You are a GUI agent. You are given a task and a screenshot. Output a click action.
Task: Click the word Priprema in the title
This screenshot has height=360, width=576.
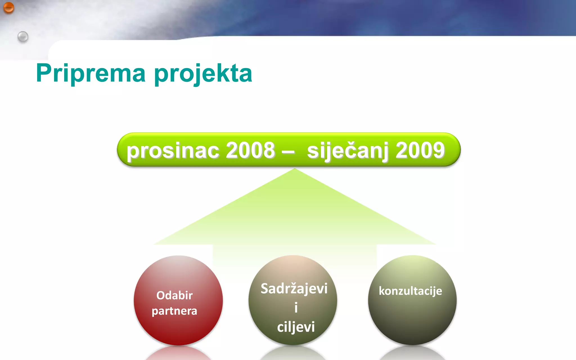[91, 73]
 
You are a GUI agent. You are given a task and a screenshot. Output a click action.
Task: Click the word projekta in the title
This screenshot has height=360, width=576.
[203, 74]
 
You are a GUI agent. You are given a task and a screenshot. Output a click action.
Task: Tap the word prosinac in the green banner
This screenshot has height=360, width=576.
[173, 150]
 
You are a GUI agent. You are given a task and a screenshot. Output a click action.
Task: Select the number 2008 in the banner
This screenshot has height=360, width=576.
[250, 150]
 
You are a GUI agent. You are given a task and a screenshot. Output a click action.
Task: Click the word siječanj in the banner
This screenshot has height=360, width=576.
[348, 151]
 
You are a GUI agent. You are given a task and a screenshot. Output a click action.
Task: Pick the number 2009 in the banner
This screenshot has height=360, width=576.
[420, 150]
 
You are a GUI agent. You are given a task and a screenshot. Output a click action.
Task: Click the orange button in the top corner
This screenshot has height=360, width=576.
[8, 8]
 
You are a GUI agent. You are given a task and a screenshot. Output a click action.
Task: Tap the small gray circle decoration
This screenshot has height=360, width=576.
[23, 37]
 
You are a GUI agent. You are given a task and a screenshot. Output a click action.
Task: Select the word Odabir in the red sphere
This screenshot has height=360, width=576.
[174, 295]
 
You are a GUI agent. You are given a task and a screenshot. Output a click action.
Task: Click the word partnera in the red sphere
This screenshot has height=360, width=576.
[174, 311]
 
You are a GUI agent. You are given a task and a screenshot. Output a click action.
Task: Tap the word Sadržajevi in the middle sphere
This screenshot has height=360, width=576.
[294, 289]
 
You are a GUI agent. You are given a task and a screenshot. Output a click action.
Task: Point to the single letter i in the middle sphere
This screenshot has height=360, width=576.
[296, 307]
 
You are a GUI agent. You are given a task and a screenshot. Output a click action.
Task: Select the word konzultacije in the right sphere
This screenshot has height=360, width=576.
[410, 291]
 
